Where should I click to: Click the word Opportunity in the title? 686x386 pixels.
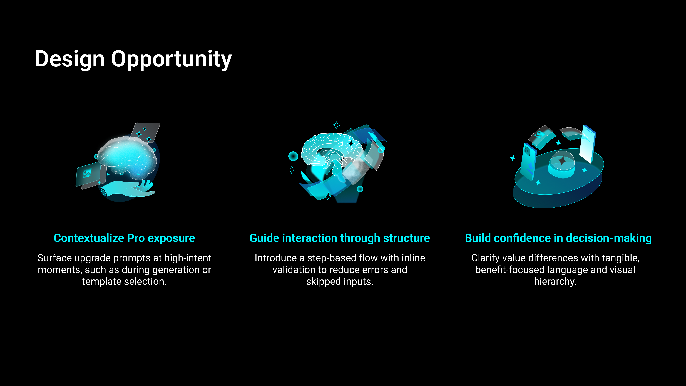171,59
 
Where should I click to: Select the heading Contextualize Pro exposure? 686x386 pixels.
124,238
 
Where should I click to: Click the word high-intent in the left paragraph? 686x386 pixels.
188,258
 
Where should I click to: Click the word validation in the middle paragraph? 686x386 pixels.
294,270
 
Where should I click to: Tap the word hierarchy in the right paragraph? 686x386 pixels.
555,282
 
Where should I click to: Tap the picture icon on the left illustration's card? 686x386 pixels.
87,173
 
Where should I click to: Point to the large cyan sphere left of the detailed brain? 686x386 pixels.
293,156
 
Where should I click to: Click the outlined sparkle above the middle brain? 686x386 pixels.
337,125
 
